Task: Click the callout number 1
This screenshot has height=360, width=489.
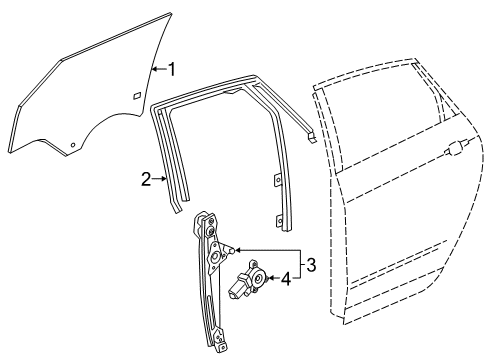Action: (171, 69)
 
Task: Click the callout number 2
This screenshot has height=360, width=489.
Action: (146, 180)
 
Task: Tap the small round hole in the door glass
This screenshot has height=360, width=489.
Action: (74, 145)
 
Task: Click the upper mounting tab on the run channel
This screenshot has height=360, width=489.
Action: (276, 180)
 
